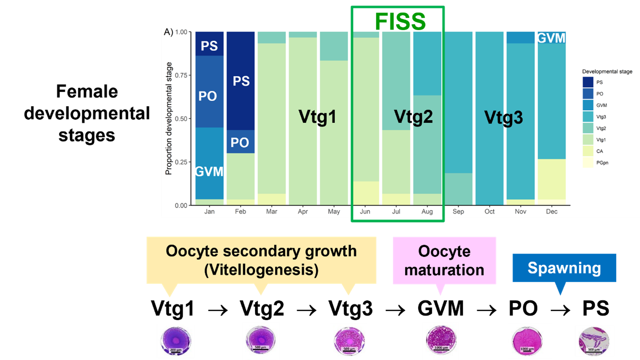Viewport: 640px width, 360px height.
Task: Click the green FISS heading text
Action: coord(400,21)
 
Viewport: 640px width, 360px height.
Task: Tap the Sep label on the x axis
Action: coord(458,211)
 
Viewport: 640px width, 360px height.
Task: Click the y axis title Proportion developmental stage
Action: coord(169,118)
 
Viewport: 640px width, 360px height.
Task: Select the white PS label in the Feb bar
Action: coord(241,81)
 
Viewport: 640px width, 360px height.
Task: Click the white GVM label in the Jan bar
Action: coord(209,171)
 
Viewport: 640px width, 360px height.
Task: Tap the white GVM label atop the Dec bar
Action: coord(551,38)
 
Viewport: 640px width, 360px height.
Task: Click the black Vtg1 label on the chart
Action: coord(317,117)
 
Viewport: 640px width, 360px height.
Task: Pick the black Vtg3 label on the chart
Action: coord(503,117)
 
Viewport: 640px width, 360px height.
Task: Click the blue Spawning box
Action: coord(564,268)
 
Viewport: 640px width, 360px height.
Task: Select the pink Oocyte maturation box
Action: coord(444,260)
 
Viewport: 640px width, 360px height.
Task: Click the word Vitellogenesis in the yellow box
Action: coord(261,270)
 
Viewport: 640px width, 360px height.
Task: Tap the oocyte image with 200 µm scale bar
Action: coord(175,341)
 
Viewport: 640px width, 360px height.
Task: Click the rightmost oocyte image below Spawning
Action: coord(594,341)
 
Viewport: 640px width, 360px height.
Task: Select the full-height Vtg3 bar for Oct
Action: coord(489,118)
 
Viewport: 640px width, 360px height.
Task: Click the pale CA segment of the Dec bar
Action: coord(551,179)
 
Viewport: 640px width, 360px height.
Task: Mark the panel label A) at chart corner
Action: coord(169,32)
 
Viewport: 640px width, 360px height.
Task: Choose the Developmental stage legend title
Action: coord(607,71)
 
